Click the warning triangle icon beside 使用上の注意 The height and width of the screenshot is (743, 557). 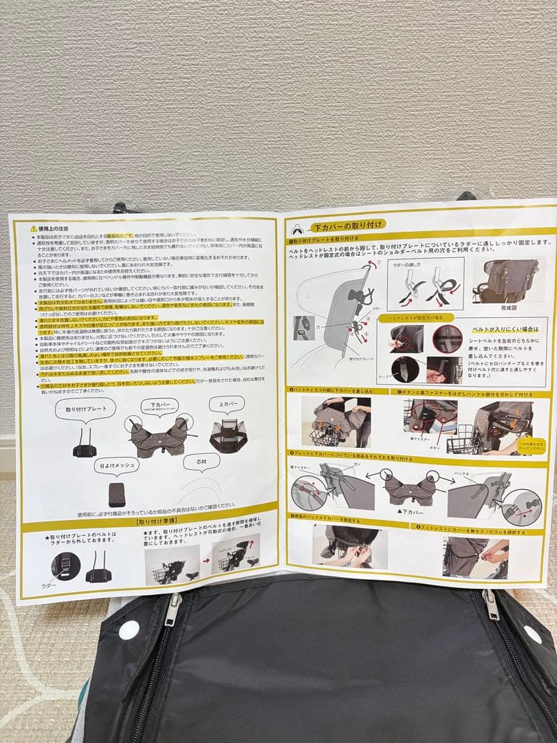click(x=33, y=228)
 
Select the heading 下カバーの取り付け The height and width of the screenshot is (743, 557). click(x=349, y=225)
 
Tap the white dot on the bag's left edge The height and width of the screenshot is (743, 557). click(x=129, y=629)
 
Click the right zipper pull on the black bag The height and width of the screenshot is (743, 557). click(x=490, y=605)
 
